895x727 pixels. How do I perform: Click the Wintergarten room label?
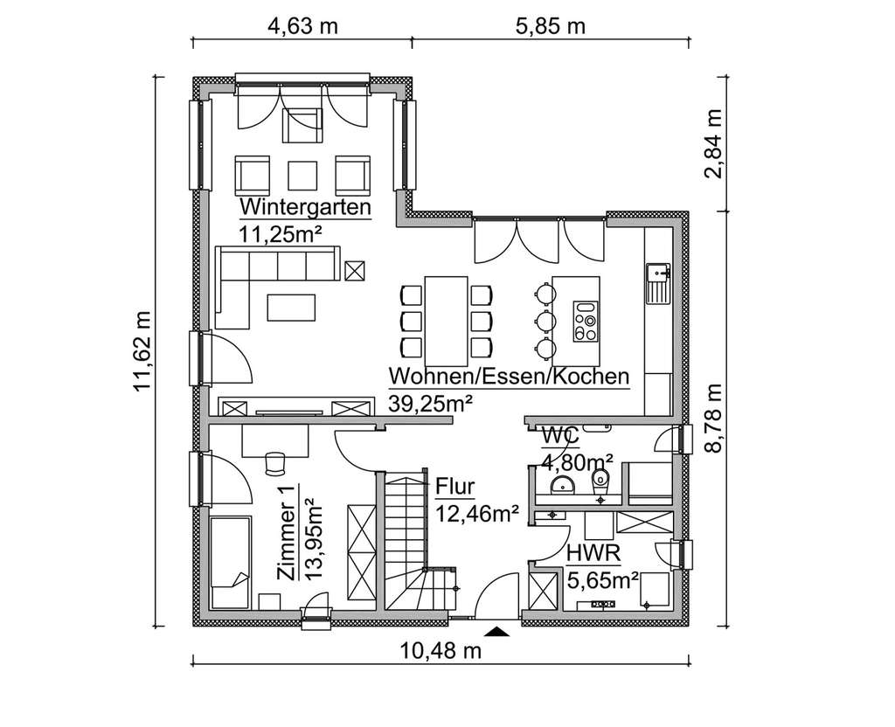tap(305, 208)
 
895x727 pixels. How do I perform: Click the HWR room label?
tap(593, 554)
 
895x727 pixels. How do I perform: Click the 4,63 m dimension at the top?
tap(302, 25)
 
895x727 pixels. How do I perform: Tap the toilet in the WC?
tap(600, 480)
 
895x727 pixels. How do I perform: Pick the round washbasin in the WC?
tap(559, 485)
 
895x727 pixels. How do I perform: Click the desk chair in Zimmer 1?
tap(276, 460)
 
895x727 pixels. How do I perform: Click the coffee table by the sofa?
tap(293, 308)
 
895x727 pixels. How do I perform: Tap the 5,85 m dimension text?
tap(550, 25)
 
